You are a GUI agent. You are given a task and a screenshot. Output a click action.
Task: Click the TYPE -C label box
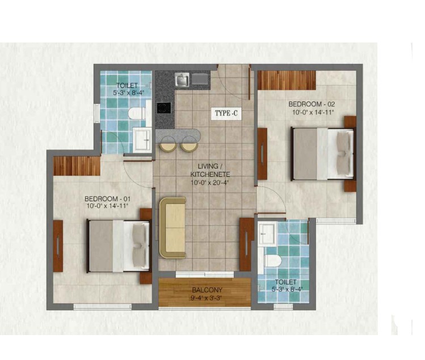point(226,113)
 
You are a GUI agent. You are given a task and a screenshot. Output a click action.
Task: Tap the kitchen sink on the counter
point(182,79)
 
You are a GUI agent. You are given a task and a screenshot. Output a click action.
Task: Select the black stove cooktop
point(164,108)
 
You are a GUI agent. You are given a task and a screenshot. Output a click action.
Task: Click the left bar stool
point(168,144)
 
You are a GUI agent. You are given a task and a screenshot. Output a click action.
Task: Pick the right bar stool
point(190,144)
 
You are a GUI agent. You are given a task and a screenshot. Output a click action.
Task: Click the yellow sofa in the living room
point(172,227)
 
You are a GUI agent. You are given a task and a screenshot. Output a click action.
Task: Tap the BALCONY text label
point(207,290)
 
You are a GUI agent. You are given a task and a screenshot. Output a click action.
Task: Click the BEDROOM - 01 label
point(107,198)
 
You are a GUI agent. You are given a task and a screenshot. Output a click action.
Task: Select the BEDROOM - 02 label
point(312,104)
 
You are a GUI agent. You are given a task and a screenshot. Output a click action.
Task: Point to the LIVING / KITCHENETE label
point(210,170)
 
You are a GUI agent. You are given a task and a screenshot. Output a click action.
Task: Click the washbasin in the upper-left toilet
point(142,139)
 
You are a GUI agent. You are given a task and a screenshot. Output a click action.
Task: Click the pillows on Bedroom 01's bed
point(141,245)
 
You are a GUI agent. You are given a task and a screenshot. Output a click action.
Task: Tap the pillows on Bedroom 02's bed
point(345,154)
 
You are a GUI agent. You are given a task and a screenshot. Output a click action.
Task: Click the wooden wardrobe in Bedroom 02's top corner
point(287,80)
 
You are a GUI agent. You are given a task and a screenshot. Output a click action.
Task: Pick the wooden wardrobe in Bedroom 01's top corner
point(77,166)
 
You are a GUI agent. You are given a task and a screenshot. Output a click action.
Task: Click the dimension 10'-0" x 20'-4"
point(210,183)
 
